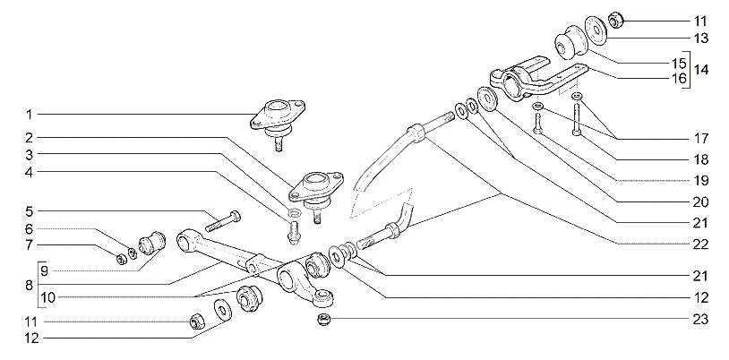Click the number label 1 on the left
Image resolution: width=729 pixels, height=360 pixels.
click(x=29, y=114)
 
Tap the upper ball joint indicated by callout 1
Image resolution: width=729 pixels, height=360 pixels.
click(x=278, y=122)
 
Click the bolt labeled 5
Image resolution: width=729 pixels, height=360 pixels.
click(x=222, y=221)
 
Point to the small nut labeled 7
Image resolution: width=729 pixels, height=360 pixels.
click(x=119, y=259)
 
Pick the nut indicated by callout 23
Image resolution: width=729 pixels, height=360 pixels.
click(x=323, y=320)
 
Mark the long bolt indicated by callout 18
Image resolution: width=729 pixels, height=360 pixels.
click(x=577, y=118)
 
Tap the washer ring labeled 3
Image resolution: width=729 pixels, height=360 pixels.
click(x=294, y=213)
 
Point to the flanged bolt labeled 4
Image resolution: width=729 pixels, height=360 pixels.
click(x=293, y=233)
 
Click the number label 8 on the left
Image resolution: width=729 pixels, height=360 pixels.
click(x=29, y=285)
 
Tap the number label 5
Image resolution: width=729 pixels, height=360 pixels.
click(x=29, y=211)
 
